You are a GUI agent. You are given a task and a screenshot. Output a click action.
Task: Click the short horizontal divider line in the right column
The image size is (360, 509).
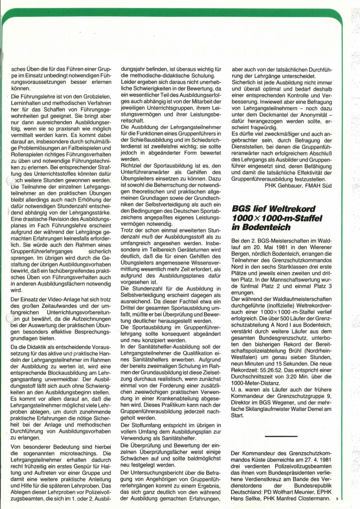click(279, 435)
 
